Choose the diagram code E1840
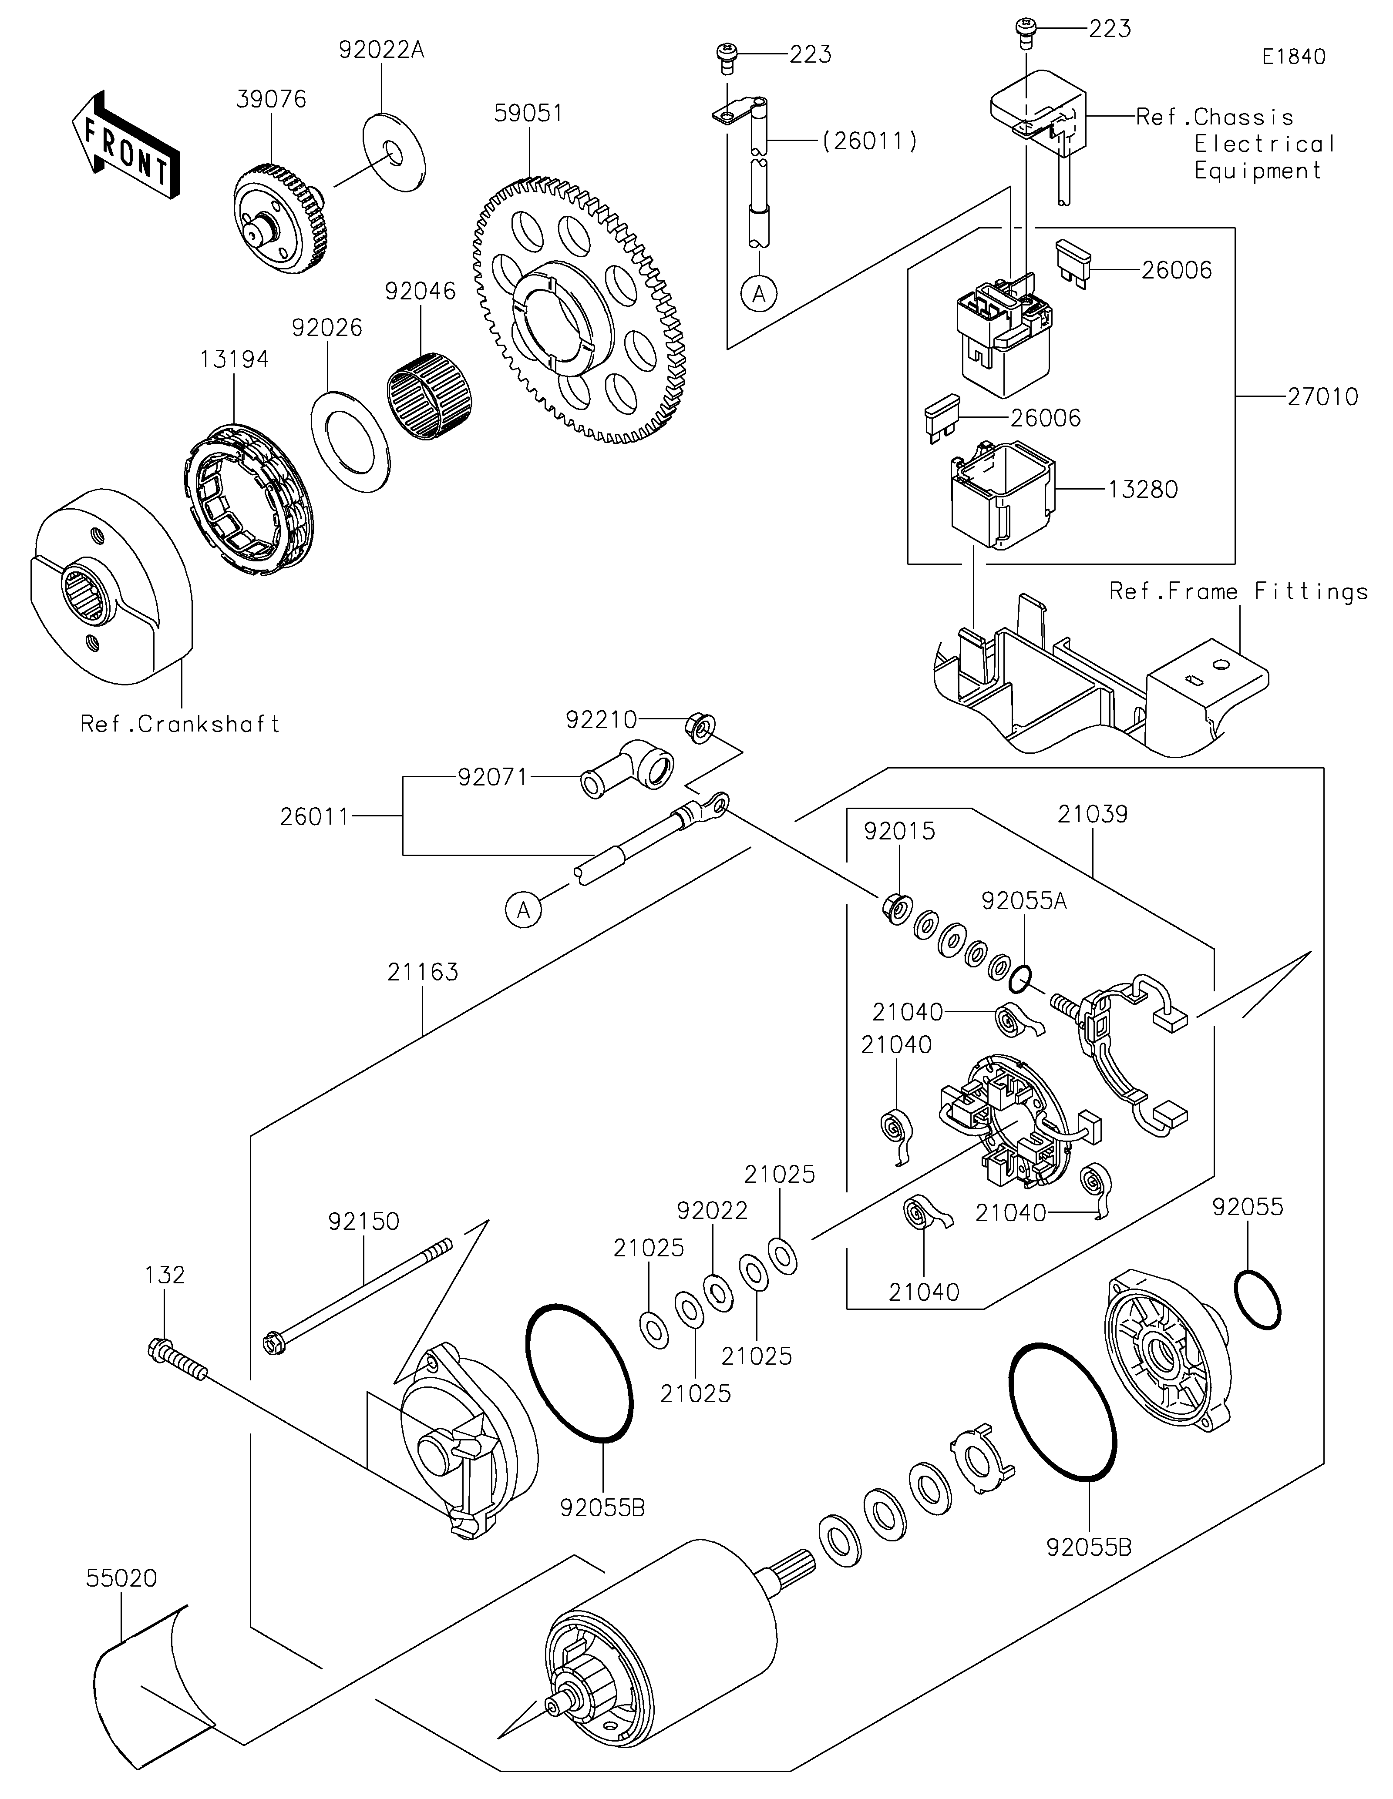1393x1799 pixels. (x=1293, y=57)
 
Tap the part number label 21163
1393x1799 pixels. (x=423, y=972)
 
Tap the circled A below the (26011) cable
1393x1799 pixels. (x=759, y=292)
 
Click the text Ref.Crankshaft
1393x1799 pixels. (x=180, y=724)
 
